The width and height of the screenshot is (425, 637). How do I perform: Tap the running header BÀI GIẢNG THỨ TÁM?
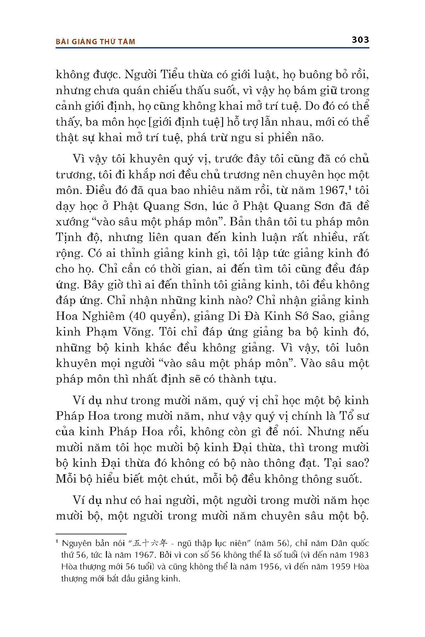[96, 42]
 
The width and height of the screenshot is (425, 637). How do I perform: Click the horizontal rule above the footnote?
[91, 534]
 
